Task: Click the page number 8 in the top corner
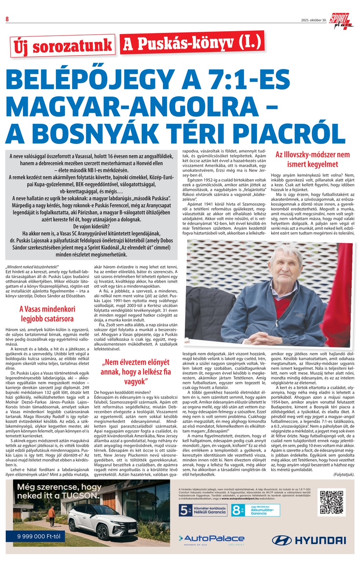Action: tap(7, 18)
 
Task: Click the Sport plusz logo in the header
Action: tap(343, 19)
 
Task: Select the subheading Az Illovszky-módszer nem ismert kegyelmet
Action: tap(312, 160)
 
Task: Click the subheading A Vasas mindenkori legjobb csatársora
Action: tap(46, 313)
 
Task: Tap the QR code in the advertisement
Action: tap(331, 503)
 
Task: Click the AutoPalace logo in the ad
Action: tap(211, 538)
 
